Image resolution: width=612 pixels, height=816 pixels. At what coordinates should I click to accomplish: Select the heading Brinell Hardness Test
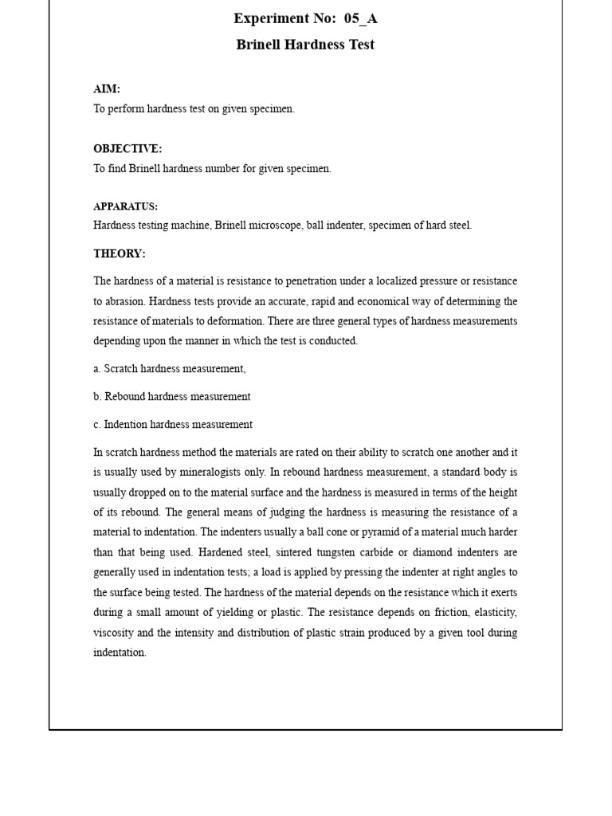pyautogui.click(x=305, y=45)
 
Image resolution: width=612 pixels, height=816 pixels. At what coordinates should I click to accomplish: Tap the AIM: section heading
pyautogui.click(x=107, y=89)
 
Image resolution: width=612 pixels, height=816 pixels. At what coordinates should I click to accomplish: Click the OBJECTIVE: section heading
pyautogui.click(x=127, y=149)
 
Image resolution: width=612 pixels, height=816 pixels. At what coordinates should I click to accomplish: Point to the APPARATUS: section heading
pyautogui.click(x=125, y=206)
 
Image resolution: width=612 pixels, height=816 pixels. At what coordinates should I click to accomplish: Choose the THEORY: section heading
pyautogui.click(x=120, y=253)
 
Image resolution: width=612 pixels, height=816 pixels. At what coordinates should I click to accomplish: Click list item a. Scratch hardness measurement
pyautogui.click(x=170, y=369)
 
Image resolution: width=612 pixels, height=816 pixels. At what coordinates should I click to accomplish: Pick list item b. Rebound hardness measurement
pyautogui.click(x=172, y=397)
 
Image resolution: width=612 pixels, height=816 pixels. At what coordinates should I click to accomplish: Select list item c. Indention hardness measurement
pyautogui.click(x=173, y=425)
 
